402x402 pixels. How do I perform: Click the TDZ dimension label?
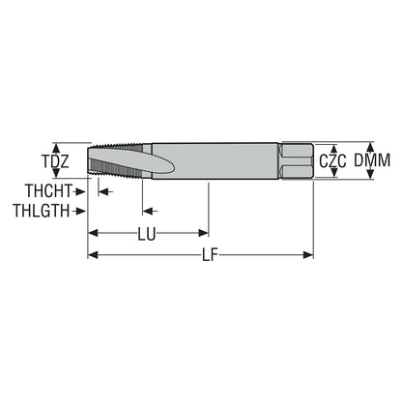point(56,161)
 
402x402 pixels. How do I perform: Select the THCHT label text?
point(48,191)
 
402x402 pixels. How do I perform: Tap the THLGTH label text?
point(42,211)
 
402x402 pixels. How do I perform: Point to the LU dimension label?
point(147,234)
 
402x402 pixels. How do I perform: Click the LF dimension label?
point(210,256)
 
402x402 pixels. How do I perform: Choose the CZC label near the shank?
point(332,161)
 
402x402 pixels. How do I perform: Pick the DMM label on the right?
point(372,160)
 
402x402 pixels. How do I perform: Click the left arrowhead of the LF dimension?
point(93,255)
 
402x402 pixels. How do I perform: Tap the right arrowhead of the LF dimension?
point(308,255)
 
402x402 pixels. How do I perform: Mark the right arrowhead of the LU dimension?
point(204,233)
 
